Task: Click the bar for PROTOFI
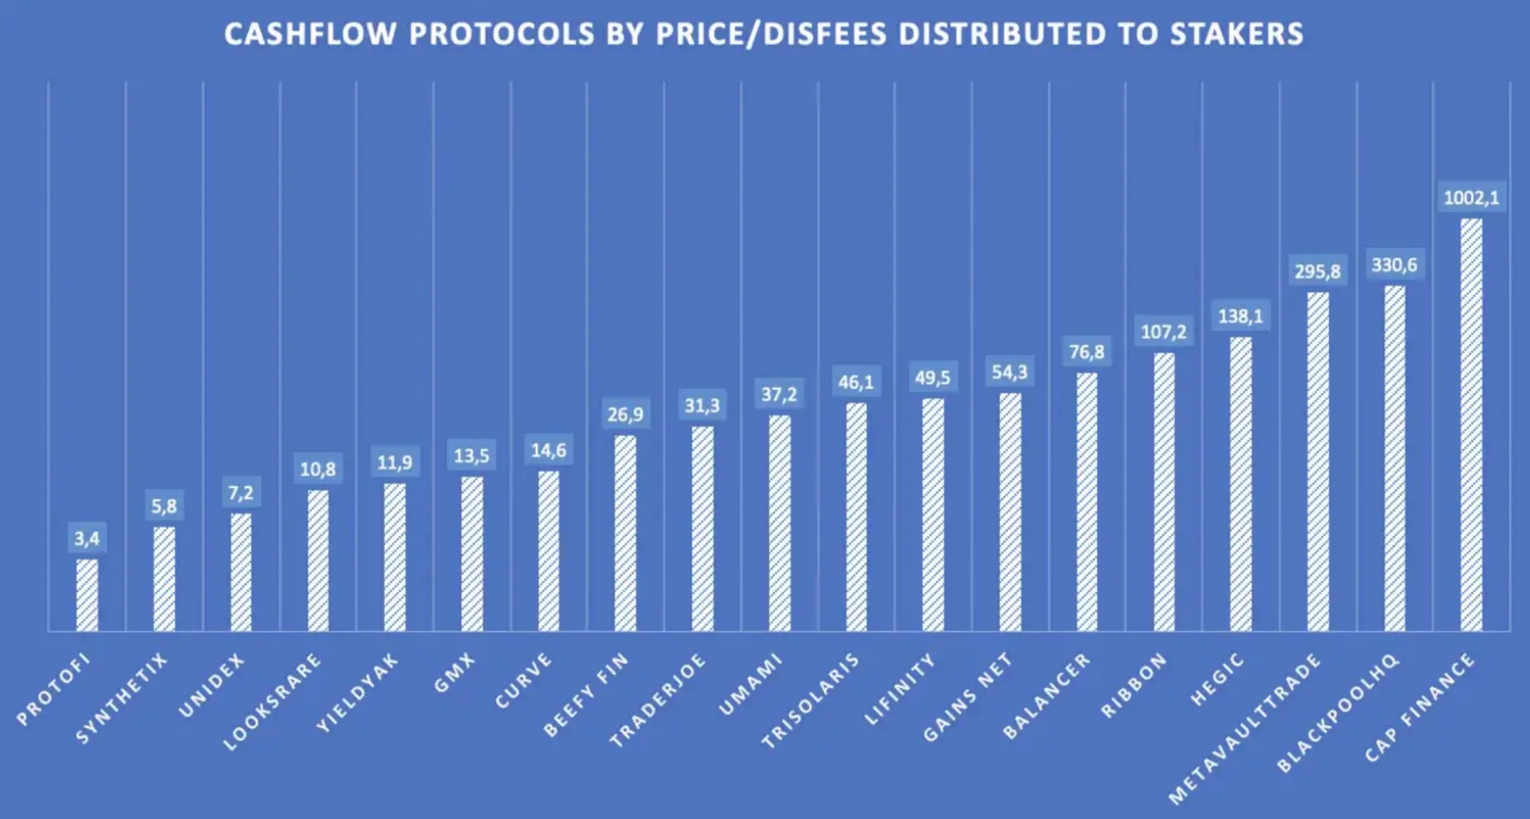click(x=87, y=595)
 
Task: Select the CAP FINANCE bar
click(x=1471, y=424)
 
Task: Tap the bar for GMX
click(x=472, y=554)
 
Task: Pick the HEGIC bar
click(x=1241, y=484)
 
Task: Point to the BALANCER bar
click(x=1087, y=502)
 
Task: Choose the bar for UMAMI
click(x=779, y=523)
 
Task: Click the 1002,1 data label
click(x=1471, y=198)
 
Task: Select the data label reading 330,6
click(x=1394, y=265)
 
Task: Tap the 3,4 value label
click(x=87, y=539)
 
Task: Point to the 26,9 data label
click(x=626, y=414)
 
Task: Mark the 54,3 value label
click(x=1010, y=372)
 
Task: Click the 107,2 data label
click(x=1164, y=332)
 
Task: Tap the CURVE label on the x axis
click(x=524, y=680)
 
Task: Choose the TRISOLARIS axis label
click(x=811, y=700)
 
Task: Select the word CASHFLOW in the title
click(x=310, y=33)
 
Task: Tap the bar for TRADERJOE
click(x=702, y=529)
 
